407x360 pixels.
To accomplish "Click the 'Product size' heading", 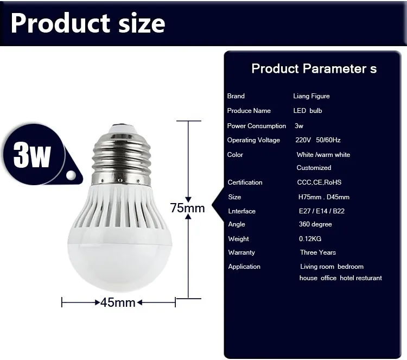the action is click(88, 23).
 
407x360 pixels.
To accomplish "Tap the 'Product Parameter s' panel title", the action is click(314, 68).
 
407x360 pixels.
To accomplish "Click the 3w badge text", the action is click(31, 155).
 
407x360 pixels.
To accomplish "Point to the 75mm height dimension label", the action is click(187, 208).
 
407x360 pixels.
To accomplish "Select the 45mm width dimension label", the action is click(118, 302).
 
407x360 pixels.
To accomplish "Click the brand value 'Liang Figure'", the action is click(311, 96).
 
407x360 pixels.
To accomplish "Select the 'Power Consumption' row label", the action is click(257, 126).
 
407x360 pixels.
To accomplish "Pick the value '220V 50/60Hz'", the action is click(318, 140).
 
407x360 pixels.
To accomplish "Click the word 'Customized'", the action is click(314, 168).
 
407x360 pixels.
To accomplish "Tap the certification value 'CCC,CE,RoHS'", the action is click(319, 182).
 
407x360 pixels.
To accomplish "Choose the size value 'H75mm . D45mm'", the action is click(324, 197).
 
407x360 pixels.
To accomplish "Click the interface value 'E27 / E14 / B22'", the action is click(322, 211).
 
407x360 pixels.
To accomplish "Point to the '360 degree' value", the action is click(315, 224).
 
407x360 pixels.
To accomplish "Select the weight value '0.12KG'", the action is click(310, 239).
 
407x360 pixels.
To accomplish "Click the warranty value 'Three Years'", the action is click(318, 252).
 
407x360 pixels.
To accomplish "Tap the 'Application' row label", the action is click(244, 267).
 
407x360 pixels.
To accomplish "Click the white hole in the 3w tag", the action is click(71, 175).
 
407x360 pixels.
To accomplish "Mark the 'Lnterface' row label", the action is click(242, 211).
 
